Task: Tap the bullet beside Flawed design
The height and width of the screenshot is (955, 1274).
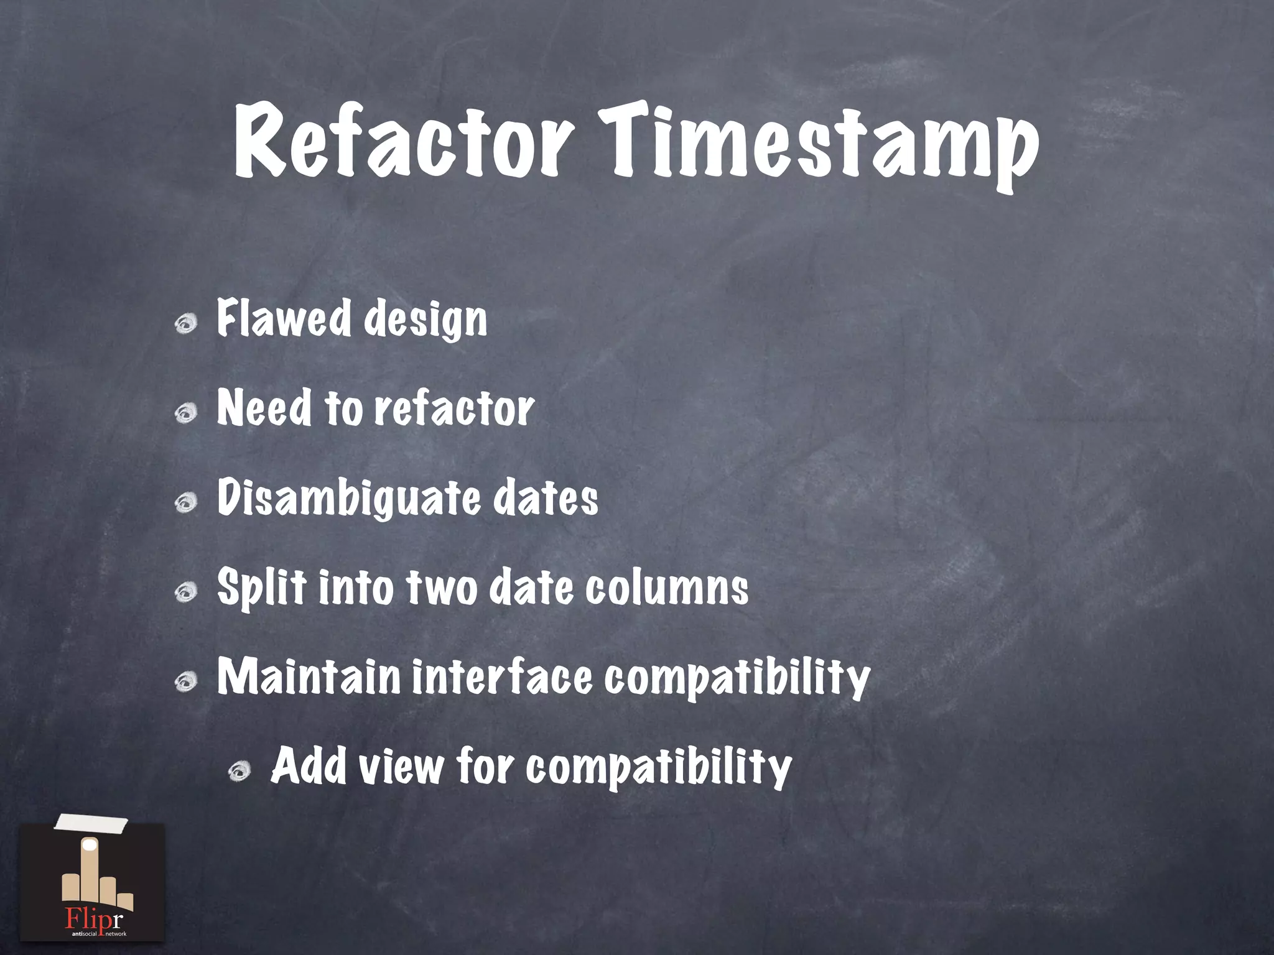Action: click(186, 323)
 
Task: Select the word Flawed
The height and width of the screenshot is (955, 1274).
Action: click(284, 318)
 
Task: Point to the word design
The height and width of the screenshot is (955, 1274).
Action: click(425, 321)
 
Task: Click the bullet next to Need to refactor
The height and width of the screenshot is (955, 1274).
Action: click(186, 413)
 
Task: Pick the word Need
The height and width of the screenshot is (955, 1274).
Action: click(264, 408)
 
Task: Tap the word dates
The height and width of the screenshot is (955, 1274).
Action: click(546, 499)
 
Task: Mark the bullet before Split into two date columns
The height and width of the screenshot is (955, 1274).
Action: click(186, 592)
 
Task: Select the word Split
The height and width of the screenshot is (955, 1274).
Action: click(262, 588)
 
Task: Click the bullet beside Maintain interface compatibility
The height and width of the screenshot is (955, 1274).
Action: click(186, 682)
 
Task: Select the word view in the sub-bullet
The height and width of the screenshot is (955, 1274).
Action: click(401, 767)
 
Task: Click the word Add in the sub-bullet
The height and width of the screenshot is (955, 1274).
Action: click(309, 765)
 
